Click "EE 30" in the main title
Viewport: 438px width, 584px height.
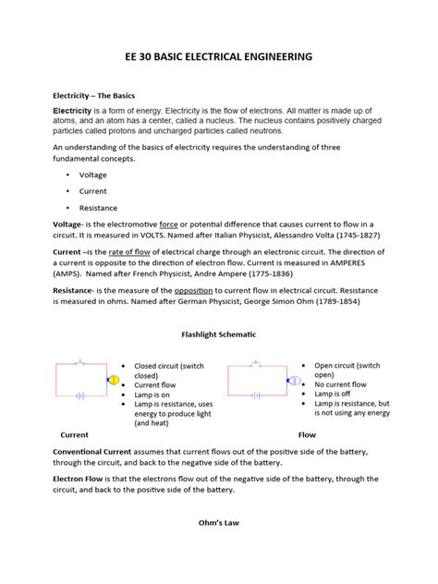click(x=139, y=57)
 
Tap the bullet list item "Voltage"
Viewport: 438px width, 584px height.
click(x=93, y=175)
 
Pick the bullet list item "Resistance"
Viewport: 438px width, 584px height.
click(x=99, y=208)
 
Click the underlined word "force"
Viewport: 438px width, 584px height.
click(x=169, y=225)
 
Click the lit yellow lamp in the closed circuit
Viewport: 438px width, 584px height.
click(x=115, y=380)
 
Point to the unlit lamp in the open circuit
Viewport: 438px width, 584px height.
click(x=295, y=380)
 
